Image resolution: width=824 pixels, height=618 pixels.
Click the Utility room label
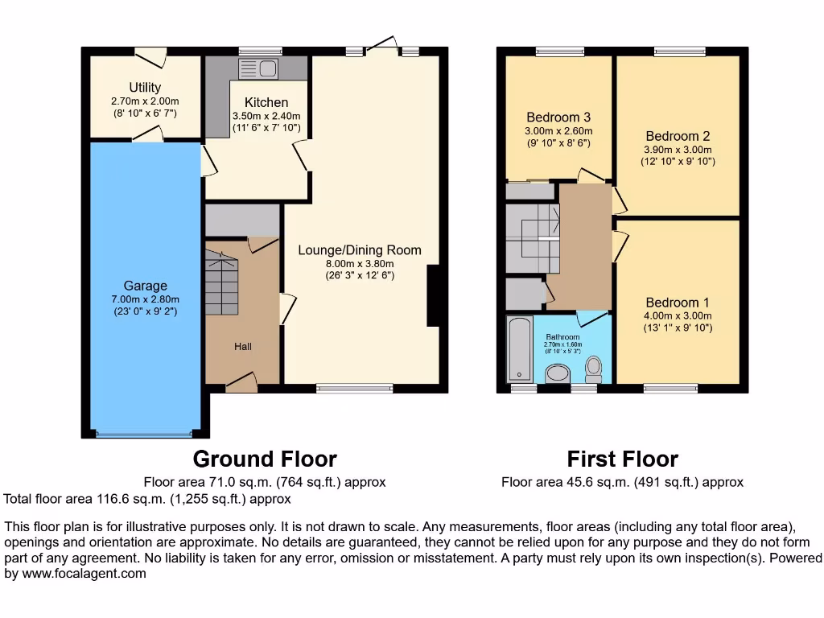[x=145, y=87]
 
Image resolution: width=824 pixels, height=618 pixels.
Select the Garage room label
[x=145, y=286]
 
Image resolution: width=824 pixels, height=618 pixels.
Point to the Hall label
[x=242, y=346]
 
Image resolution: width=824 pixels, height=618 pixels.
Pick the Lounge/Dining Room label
[x=359, y=249]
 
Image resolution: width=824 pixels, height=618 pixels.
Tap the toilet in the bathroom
[x=594, y=369]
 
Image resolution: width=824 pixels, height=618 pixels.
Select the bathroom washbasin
[x=557, y=373]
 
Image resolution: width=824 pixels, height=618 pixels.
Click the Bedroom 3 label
[x=558, y=117]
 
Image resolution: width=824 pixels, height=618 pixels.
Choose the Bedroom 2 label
[x=678, y=136]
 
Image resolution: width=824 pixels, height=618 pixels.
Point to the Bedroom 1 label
[x=678, y=303]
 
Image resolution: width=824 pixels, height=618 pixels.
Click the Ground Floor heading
[x=265, y=459]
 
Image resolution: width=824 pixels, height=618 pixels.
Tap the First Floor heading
[x=622, y=459]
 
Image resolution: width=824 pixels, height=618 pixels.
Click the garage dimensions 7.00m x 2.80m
[x=145, y=299]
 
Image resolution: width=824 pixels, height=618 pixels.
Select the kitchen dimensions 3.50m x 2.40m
[x=266, y=116]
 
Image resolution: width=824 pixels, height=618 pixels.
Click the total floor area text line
[x=147, y=499]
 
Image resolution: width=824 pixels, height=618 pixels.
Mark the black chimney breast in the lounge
[x=433, y=295]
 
